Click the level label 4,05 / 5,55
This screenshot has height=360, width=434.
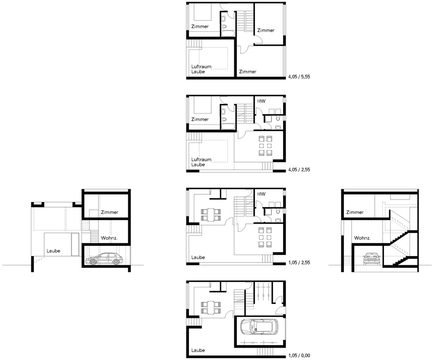299,77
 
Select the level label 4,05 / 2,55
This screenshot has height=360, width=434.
299,170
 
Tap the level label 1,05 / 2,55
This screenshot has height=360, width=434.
299,262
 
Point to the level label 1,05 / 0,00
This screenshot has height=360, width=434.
299,355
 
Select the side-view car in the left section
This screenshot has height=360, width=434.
104,259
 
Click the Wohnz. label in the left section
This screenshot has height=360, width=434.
109,238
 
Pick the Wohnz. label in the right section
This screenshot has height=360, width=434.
362,238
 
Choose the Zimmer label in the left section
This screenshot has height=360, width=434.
110,212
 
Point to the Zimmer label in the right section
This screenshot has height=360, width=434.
355,212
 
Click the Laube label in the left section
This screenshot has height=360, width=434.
54,251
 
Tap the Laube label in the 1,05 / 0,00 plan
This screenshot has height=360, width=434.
198,350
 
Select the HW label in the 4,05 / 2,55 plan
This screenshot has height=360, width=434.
262,101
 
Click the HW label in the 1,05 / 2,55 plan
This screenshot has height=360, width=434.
262,194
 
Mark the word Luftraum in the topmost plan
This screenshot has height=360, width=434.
201,66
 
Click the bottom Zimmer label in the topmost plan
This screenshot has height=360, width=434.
248,71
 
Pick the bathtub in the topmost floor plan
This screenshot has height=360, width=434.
228,34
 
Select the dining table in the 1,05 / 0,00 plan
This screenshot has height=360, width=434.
211,308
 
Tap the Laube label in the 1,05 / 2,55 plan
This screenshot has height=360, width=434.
198,257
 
